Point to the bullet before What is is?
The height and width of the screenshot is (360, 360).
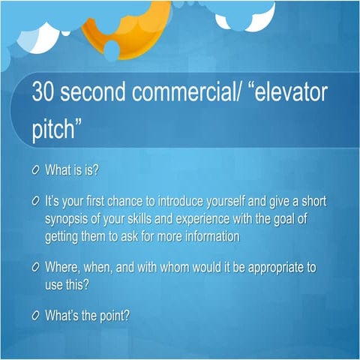35,170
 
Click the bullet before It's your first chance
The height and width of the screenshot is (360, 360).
35,202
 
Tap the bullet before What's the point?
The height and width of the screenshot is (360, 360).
35,315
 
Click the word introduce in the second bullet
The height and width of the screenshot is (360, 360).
201,202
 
